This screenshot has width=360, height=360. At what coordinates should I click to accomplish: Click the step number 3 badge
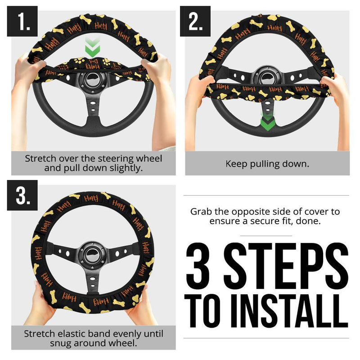coord(22,195)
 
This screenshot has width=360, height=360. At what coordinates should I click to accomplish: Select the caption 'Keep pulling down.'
coord(267,163)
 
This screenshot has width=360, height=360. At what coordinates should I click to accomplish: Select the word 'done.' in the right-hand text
coord(311,221)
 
